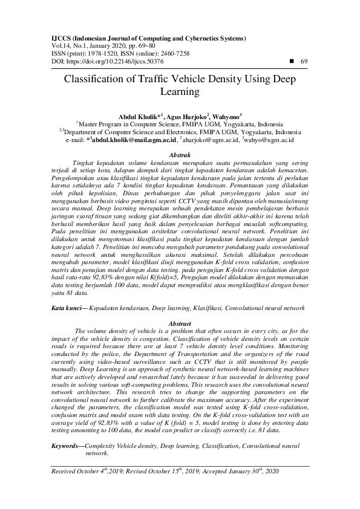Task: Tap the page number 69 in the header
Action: [x=304, y=62]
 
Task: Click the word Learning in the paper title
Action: [x=180, y=92]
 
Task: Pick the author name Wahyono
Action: [x=226, y=116]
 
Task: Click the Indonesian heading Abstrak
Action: [x=180, y=156]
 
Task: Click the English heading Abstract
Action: [x=180, y=323]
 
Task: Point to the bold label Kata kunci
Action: [x=66, y=308]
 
